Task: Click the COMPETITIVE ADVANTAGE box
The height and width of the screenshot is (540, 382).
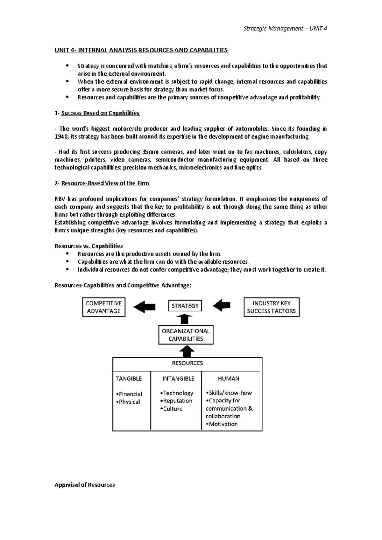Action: coord(104,307)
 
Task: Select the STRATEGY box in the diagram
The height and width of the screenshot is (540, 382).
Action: coord(185,306)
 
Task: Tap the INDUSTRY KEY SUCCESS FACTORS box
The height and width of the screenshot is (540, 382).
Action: coord(271,307)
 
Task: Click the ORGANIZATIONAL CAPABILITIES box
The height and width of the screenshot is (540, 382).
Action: coord(186,335)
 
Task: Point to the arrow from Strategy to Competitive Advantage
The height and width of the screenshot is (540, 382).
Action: coord(144,307)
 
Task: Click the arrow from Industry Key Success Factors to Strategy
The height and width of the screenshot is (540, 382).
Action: coord(222,306)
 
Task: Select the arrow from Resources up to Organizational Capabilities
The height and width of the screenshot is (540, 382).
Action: coord(187,351)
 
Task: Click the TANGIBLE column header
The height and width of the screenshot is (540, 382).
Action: coord(129,378)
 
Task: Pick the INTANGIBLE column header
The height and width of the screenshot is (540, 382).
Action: coord(178,378)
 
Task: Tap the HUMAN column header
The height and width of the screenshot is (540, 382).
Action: coord(229,378)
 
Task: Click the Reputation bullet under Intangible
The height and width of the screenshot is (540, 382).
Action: coord(177,401)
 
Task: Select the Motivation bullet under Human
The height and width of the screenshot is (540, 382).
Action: coord(222,424)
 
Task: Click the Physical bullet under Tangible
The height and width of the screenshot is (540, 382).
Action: coord(128,402)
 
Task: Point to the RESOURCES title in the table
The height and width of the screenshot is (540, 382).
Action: coord(187,363)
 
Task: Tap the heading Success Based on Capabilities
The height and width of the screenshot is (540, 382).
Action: coord(100,113)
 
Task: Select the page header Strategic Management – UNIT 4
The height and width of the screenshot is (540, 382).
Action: coord(285,29)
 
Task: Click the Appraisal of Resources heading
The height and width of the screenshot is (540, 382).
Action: coord(85,485)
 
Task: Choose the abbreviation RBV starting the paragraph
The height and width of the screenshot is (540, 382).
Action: coord(60,199)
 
